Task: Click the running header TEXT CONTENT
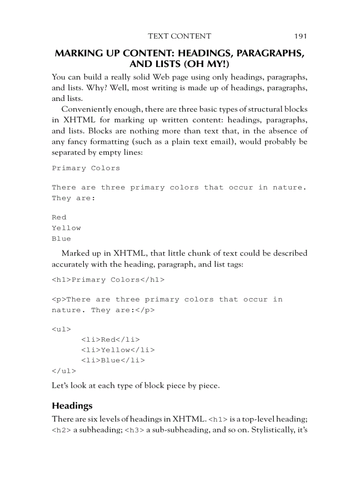tap(180, 36)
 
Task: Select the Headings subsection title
tap(72, 405)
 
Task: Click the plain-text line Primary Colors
tap(86, 168)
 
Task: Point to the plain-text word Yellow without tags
tap(66, 228)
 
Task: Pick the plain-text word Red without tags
tap(59, 217)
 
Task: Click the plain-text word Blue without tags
tap(61, 238)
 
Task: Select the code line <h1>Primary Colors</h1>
tap(108, 280)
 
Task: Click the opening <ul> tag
tap(61, 329)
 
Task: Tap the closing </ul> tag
tap(64, 371)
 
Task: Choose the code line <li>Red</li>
tap(110, 339)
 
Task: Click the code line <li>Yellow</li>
tap(118, 350)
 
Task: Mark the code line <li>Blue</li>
tap(113, 361)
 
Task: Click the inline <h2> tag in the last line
tap(61, 430)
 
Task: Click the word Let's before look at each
tap(60, 386)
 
